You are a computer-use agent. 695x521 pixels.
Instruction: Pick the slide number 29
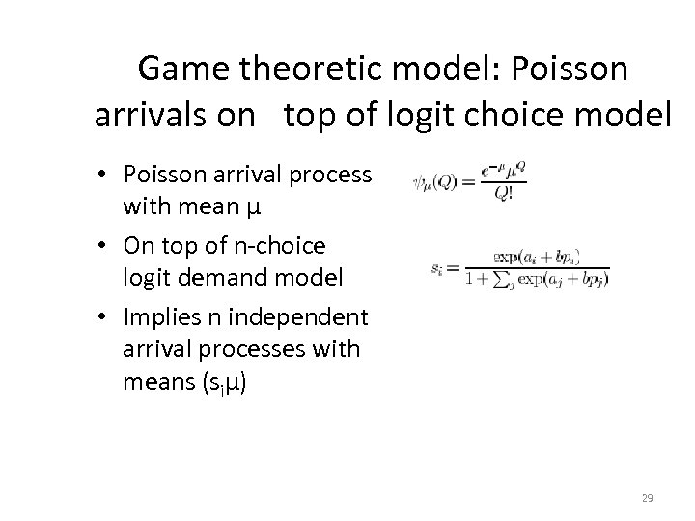point(648,498)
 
